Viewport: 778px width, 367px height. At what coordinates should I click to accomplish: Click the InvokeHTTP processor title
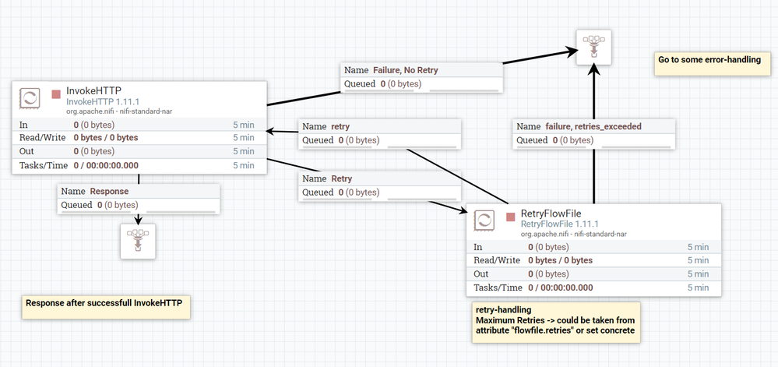pos(93,90)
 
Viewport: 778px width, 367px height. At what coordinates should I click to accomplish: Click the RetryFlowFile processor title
pos(551,213)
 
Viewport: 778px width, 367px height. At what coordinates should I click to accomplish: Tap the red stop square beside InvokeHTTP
pos(56,94)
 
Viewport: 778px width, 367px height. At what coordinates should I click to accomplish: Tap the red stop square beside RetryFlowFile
pos(511,217)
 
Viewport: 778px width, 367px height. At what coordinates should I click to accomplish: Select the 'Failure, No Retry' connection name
pos(406,70)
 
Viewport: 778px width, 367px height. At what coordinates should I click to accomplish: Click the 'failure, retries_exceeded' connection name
pos(593,127)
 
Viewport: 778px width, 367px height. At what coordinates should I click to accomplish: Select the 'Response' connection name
pos(109,191)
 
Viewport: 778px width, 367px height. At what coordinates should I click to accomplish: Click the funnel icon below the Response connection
pos(138,241)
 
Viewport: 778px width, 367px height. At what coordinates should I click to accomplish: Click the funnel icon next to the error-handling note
pos(593,48)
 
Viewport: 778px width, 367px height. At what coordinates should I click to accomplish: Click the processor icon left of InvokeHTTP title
pos(30,98)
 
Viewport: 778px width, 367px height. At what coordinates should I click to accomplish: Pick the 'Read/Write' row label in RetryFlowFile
pos(497,260)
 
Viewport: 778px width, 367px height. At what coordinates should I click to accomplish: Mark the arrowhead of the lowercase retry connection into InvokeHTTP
pos(270,132)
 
